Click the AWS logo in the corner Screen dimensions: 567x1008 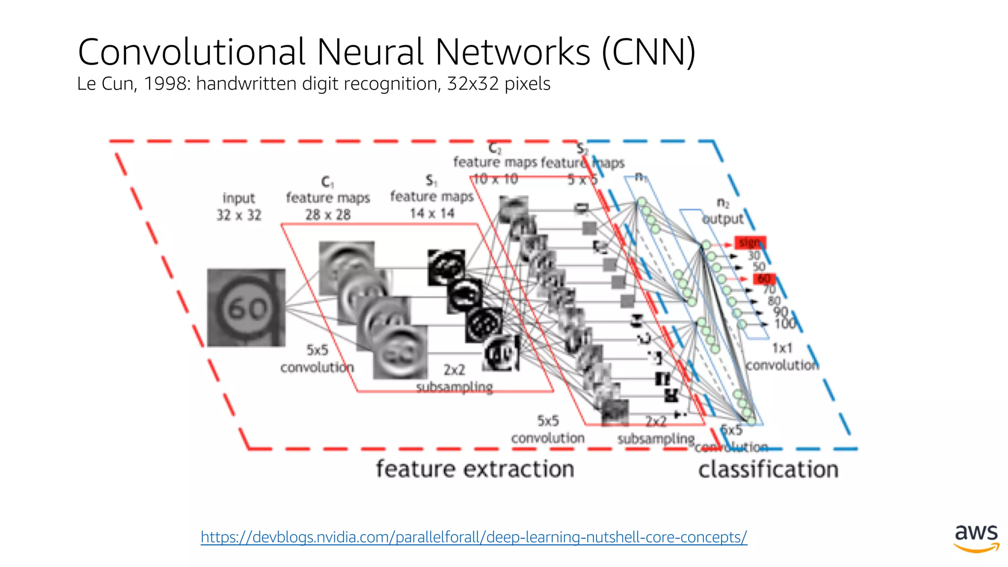click(x=976, y=538)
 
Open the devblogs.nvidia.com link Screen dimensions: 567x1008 click(x=473, y=536)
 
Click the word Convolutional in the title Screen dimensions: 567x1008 click(x=192, y=52)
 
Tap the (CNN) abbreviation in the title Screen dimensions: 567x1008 click(x=649, y=52)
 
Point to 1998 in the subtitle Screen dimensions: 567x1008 click(x=164, y=84)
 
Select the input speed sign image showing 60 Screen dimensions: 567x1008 click(x=246, y=308)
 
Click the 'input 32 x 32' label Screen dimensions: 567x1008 click(x=239, y=206)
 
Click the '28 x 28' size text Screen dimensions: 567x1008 click(x=328, y=215)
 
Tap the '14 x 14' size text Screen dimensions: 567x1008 click(x=432, y=213)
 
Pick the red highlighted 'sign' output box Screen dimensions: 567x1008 click(x=750, y=242)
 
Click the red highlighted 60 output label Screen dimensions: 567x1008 click(x=764, y=279)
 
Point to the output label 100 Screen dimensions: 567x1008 click(x=785, y=323)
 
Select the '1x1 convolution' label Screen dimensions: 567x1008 click(x=782, y=356)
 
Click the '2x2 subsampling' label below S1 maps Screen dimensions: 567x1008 click(x=454, y=378)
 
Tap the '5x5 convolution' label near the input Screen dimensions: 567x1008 click(x=317, y=358)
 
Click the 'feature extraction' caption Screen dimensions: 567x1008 click(x=475, y=469)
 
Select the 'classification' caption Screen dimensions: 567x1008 click(x=768, y=469)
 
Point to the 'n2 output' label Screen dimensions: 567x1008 click(x=723, y=212)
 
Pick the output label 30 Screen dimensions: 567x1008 click(x=754, y=255)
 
